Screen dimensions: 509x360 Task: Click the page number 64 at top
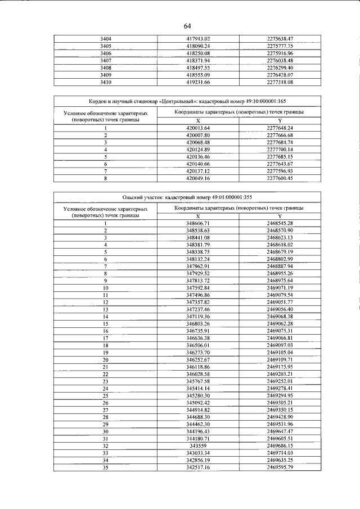pos(187,26)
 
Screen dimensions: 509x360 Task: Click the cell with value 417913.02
pos(197,38)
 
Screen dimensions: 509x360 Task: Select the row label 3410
pos(105,82)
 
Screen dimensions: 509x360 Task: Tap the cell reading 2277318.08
pos(280,82)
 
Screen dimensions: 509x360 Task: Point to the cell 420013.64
pos(197,128)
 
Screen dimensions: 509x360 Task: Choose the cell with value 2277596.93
pos(280,170)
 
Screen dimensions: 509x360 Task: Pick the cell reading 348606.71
pos(197,223)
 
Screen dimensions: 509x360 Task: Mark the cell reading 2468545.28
pos(280,223)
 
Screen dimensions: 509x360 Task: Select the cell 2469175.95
pos(280,367)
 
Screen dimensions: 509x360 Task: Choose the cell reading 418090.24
pos(197,46)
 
